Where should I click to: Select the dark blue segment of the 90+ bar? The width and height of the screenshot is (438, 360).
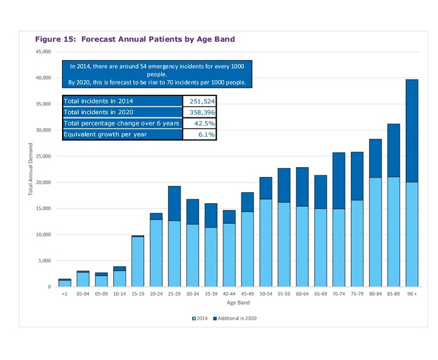click(x=412, y=131)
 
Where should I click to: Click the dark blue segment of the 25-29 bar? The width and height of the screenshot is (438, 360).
click(x=175, y=203)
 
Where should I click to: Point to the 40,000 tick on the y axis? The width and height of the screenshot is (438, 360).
click(x=43, y=78)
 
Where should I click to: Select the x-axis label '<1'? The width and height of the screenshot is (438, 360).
click(x=64, y=293)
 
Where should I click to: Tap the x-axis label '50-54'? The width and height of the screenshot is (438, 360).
click(x=266, y=293)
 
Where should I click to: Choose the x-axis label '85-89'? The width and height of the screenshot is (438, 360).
click(x=394, y=293)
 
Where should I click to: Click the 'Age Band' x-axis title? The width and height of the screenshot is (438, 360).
click(x=238, y=302)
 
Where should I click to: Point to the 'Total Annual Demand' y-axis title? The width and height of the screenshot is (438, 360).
click(x=31, y=169)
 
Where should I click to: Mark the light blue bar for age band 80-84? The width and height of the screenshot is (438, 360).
click(x=375, y=232)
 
